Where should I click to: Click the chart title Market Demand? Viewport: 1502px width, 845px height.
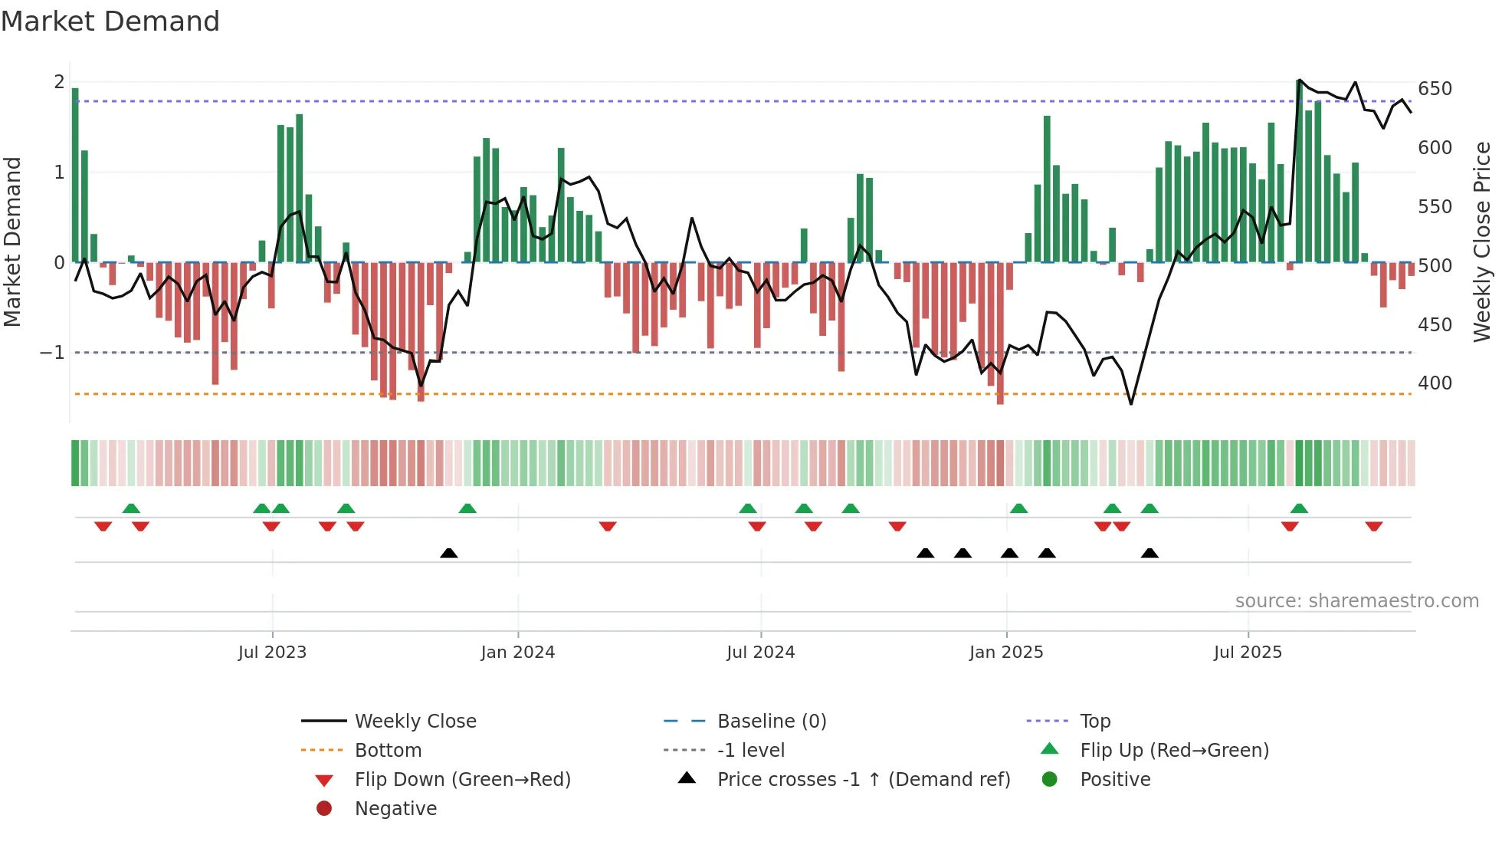[x=110, y=21]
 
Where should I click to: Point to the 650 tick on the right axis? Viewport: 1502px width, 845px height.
[x=1435, y=89]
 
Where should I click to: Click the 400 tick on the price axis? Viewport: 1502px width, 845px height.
[x=1435, y=383]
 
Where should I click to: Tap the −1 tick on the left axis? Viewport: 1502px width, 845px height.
[x=52, y=353]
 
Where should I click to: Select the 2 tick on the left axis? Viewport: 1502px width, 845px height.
[x=59, y=82]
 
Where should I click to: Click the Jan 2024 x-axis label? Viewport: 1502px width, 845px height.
[x=517, y=653]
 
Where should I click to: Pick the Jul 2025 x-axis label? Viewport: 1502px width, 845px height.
[x=1248, y=653]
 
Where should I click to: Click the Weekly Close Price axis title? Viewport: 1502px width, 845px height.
[x=1482, y=242]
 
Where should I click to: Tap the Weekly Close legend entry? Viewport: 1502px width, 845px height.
[x=415, y=722]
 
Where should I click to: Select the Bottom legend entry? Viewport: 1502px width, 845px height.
[x=388, y=751]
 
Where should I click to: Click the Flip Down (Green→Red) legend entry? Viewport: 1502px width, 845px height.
[x=462, y=780]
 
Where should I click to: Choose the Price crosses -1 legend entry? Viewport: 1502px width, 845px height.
[x=864, y=780]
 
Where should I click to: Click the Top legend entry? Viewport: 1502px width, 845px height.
[x=1095, y=722]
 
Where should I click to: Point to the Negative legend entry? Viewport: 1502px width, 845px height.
[x=395, y=809]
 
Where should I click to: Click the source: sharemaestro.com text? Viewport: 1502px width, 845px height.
[x=1356, y=601]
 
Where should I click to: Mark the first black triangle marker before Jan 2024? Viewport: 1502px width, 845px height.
[x=449, y=553]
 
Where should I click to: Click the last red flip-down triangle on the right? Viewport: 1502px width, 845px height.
[x=1373, y=526]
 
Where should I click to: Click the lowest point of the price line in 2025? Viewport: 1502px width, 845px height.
[x=1131, y=403]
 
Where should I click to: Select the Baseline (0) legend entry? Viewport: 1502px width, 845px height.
[x=772, y=722]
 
